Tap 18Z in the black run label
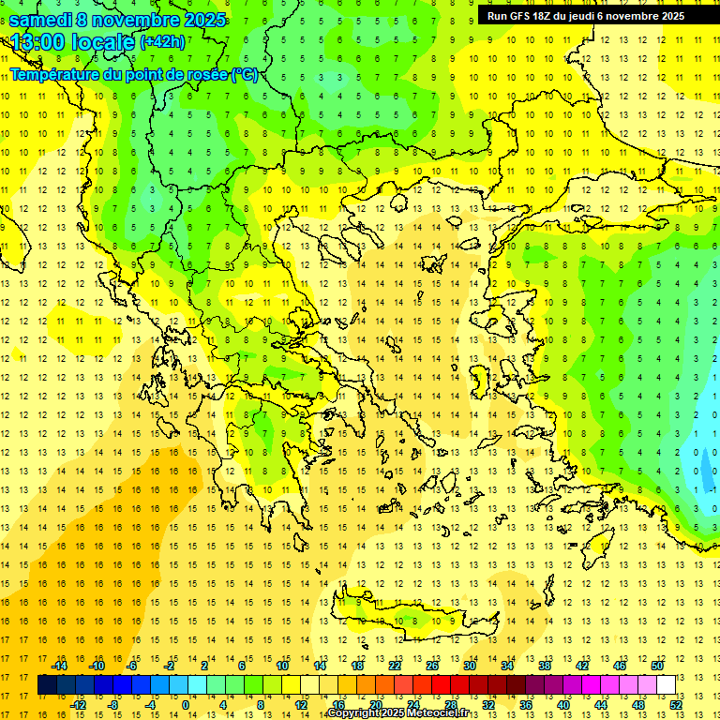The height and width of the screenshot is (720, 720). (x=545, y=16)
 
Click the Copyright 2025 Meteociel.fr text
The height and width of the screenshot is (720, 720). (x=397, y=713)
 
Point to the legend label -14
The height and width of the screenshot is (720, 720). (x=59, y=666)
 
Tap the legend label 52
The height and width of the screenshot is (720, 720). (x=677, y=705)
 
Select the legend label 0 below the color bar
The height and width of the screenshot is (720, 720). (x=185, y=705)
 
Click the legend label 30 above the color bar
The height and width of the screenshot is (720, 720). (x=470, y=666)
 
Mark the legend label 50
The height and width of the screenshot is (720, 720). (x=657, y=666)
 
